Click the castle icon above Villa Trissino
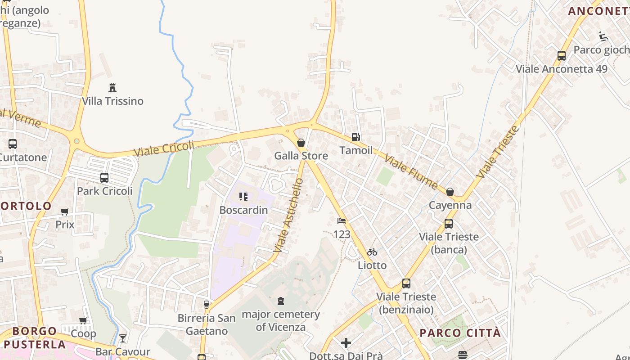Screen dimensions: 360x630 coord(112,87)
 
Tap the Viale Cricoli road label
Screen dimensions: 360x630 coord(164,148)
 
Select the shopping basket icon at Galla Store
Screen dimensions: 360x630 coord(301,143)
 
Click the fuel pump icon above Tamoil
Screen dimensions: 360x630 coord(355,137)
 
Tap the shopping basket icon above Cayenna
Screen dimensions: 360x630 coord(450,192)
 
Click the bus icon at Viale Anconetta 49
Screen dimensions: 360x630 coord(561,56)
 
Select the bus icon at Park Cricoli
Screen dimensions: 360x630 coord(104,178)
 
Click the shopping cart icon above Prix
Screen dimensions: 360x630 coord(65,211)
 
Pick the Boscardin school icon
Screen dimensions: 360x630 coord(243,197)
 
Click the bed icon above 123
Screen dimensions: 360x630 coord(342,221)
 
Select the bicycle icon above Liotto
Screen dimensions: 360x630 coord(372,252)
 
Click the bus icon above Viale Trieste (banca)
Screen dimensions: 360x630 coord(448,224)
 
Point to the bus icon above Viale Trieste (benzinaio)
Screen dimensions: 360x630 coord(406,283)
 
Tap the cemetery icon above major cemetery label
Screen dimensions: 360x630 coord(281,301)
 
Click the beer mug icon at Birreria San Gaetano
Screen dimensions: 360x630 coord(206,305)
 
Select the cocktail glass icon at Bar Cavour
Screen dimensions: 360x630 coord(123,338)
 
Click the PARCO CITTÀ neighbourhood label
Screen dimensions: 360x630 coord(460,333)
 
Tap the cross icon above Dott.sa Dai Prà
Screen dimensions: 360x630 coord(346,343)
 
